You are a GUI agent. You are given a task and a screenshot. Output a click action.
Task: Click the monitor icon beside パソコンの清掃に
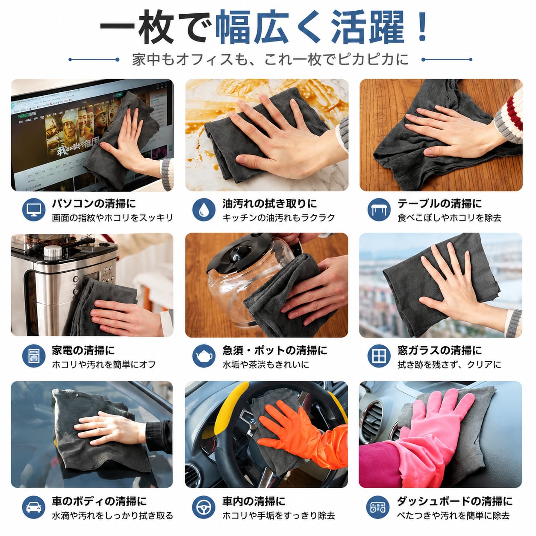34,210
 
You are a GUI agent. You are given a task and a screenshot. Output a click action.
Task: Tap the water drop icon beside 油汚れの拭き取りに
204,210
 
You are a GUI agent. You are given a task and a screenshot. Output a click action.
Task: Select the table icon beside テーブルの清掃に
379,210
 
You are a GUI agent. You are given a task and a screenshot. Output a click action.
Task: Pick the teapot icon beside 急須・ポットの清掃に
204,356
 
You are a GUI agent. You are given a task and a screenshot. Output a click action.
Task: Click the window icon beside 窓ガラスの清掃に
379,356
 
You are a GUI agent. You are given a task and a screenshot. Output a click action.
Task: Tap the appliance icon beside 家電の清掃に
34,356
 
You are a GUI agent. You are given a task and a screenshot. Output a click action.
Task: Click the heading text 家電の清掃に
83,350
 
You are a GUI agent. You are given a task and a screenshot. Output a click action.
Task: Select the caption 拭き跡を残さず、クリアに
449,364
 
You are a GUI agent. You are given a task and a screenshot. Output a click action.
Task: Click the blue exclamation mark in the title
422,27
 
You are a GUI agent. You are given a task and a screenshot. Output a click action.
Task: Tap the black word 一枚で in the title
154,27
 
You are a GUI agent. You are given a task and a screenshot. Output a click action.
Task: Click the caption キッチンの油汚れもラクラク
278,218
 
